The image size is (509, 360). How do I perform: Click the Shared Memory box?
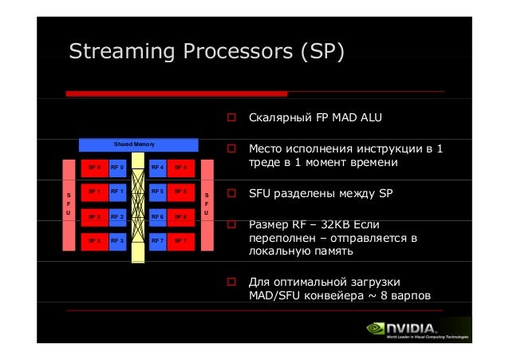(138, 144)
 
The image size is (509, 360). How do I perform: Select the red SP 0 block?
(94, 168)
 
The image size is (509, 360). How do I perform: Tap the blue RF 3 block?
(116, 239)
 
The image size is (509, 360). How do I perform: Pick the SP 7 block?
(180, 239)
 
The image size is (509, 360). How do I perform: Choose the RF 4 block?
(157, 168)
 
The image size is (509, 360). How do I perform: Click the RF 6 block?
(157, 216)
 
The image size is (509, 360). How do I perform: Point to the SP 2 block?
(94, 216)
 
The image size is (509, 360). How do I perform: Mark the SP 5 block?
(180, 192)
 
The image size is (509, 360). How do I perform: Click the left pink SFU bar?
(69, 204)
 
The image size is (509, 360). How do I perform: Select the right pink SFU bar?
(207, 204)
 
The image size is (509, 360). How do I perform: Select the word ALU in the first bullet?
(369, 119)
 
